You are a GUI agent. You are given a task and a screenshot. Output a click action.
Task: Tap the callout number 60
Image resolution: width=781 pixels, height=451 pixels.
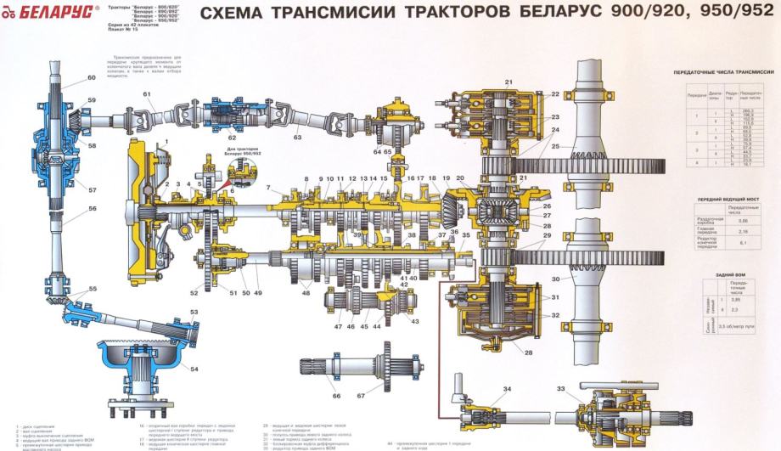[x=92, y=78]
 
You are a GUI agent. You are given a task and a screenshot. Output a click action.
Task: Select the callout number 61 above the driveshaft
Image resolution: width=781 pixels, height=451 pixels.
[x=147, y=93]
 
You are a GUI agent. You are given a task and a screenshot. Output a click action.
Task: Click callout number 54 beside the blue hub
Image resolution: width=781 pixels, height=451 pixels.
[x=195, y=369]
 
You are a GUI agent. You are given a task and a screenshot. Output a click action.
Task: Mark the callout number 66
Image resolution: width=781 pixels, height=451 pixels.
[x=336, y=396]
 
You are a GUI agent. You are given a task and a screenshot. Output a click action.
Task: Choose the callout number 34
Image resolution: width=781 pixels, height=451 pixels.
[x=507, y=389]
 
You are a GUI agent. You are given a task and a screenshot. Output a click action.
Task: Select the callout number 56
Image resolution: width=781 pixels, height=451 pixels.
[x=92, y=208]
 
